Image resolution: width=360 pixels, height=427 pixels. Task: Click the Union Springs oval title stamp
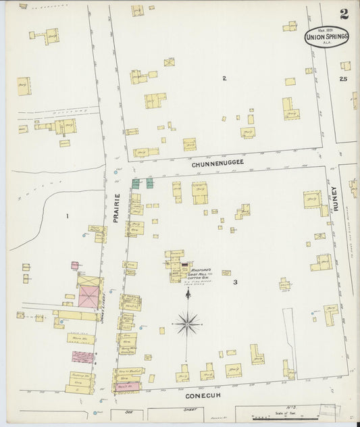coord(326,36)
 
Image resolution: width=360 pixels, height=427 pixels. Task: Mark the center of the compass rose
coord(187,324)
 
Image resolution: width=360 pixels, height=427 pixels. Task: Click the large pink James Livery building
coord(88,295)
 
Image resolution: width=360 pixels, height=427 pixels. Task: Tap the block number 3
coord(235,282)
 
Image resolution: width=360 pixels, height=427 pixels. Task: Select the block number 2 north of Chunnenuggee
coord(224,78)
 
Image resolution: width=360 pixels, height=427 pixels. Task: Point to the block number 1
coord(68,216)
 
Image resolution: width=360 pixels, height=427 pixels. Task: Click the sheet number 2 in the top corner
coord(344,14)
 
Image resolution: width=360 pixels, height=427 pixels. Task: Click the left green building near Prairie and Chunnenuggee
coord(136,182)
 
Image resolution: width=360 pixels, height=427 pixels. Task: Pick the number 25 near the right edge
coord(343,80)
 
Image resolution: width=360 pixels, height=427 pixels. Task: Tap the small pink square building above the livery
coord(75,266)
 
